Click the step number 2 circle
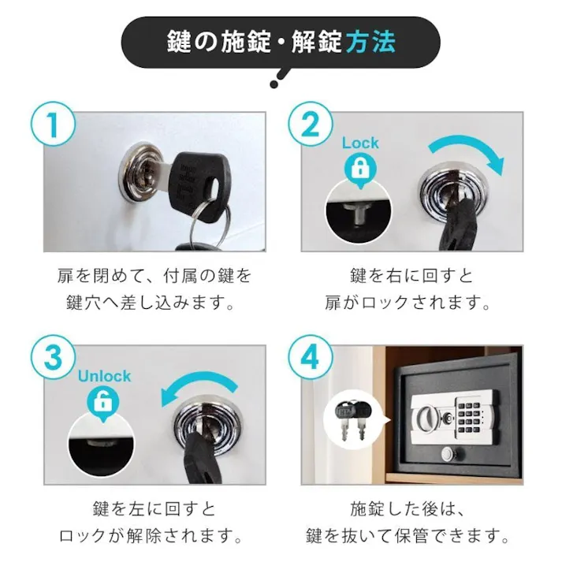point(307,125)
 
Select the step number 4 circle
point(307,359)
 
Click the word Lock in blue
point(359,143)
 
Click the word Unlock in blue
point(104,376)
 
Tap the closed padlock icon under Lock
point(359,168)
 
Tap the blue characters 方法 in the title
point(369,41)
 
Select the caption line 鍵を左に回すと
point(154,509)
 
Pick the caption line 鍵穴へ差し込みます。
point(154,303)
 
